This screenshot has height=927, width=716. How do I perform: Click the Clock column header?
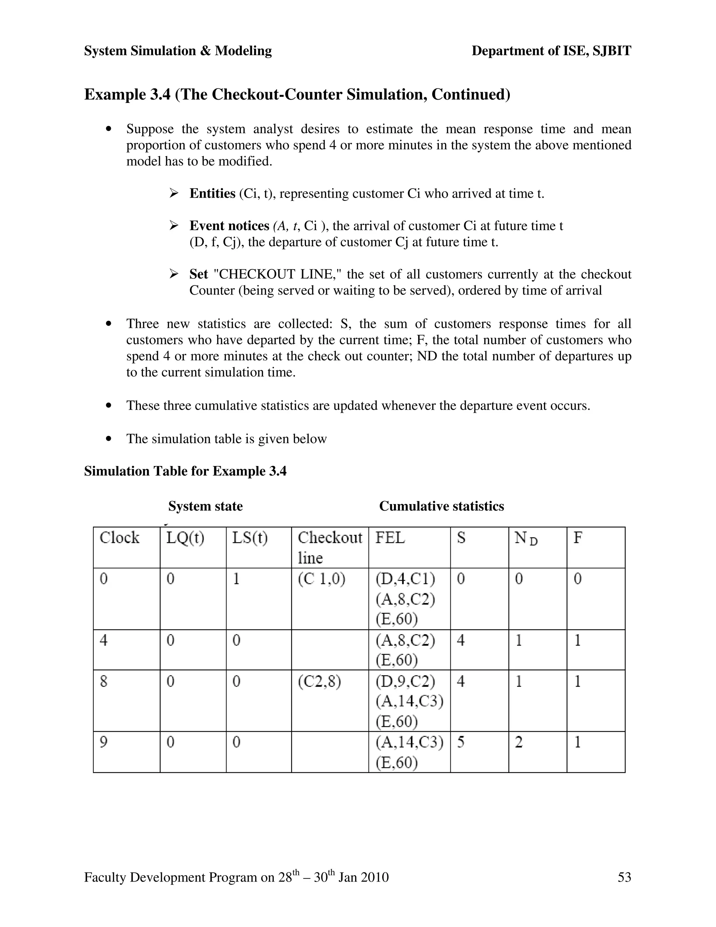click(x=119, y=538)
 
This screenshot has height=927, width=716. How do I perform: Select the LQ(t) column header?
click(x=185, y=538)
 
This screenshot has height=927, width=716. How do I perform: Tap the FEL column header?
click(x=390, y=538)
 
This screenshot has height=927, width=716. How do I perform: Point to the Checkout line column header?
click(x=330, y=547)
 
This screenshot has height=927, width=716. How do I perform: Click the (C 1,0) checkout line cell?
click(x=322, y=579)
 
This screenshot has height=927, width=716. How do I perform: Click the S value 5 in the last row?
click(x=461, y=742)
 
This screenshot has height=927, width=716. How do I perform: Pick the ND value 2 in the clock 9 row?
click(x=518, y=742)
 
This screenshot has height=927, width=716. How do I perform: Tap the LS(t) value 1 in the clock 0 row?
click(x=236, y=579)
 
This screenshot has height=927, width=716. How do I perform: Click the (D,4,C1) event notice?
click(x=405, y=579)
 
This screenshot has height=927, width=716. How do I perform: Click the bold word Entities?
click(x=212, y=193)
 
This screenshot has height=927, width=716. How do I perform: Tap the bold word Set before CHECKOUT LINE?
click(x=199, y=274)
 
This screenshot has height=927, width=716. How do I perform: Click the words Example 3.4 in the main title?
click(x=127, y=94)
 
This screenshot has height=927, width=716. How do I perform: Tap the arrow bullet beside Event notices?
click(x=173, y=225)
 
